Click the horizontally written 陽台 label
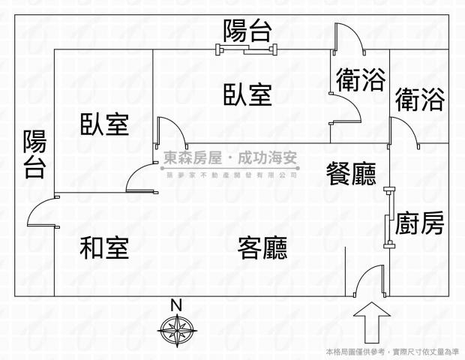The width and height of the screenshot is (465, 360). [247, 31]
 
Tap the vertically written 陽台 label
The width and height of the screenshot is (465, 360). [34, 154]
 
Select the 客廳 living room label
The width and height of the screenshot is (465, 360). [262, 247]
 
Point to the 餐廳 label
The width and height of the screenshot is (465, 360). [350, 174]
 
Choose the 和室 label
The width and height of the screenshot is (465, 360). [104, 247]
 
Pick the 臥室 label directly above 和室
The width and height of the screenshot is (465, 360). [104, 124]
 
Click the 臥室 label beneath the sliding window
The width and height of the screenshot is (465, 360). [247, 95]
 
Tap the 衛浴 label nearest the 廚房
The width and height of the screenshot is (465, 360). [419, 99]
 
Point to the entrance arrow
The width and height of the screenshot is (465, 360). [370, 321]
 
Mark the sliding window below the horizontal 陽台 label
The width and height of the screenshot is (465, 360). [247, 50]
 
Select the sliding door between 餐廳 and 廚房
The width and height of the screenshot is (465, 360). [388, 217]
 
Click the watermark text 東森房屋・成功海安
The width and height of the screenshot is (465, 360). [230, 159]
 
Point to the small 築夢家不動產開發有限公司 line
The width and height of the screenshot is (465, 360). [230, 174]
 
